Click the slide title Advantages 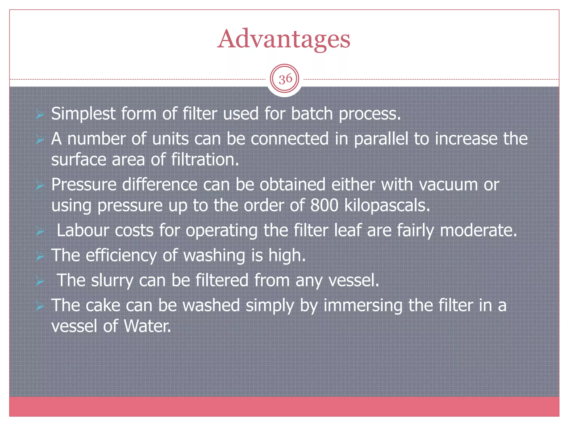(x=284, y=39)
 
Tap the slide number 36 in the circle (x=285, y=79)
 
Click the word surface (x=78, y=160)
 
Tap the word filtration (x=205, y=160)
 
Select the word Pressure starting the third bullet (x=84, y=184)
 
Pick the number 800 (x=324, y=206)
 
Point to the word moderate (x=478, y=230)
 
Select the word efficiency (x=121, y=255)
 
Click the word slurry (x=112, y=280)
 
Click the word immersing (x=363, y=305)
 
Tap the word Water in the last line (x=147, y=326)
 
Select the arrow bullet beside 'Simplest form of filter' (x=40, y=114)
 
